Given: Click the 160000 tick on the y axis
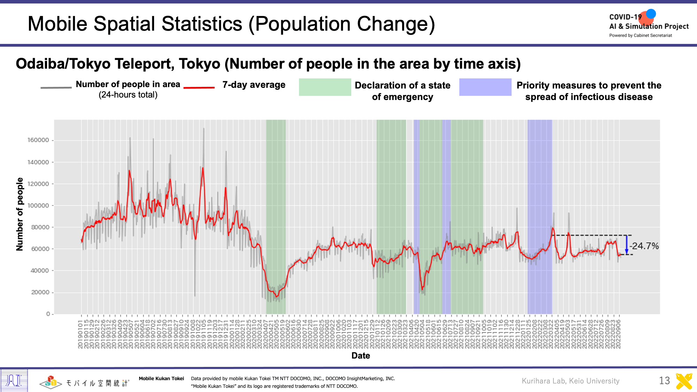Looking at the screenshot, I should coord(38,140).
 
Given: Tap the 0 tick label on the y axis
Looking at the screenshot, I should coord(48,314).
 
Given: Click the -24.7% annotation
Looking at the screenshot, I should coord(644,246).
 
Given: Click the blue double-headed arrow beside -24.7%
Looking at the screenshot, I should coord(626,245).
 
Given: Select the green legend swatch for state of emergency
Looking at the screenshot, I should coord(325,87).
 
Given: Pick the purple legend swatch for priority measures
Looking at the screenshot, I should coord(485,87).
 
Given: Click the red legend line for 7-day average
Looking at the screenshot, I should coord(199,87).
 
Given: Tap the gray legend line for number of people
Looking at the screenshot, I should coord(56,87).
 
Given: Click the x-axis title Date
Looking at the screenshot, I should coord(361,355).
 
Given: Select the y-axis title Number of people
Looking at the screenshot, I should coord(20,214).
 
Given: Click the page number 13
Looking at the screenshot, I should coord(664,381).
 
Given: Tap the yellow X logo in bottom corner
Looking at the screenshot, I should coord(684,381).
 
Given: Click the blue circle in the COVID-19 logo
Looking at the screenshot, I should coord(651,14).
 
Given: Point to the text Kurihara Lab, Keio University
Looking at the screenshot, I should coord(570,381).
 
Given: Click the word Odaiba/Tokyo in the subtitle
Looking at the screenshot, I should coord(63,64).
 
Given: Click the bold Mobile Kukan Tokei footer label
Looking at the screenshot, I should coord(161,378).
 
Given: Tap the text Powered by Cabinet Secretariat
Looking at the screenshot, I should coord(641,35).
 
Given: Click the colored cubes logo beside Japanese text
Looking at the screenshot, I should coord(51,382).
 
